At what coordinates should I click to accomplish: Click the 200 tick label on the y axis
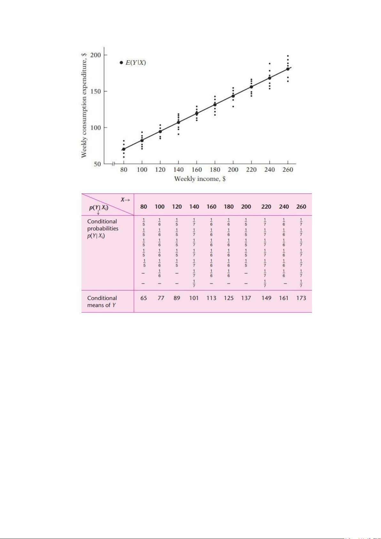click(96, 55)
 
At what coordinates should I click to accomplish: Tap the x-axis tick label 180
click(215, 170)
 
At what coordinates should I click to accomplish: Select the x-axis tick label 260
click(288, 170)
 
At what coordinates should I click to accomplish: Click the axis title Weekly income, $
click(200, 179)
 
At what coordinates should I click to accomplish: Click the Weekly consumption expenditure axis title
click(84, 105)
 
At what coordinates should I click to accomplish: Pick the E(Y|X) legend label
click(136, 63)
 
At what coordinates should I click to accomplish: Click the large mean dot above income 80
click(124, 149)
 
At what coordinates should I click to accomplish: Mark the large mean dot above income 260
click(288, 69)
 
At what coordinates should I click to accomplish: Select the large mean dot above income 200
click(233, 96)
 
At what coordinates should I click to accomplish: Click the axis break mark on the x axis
click(113, 164)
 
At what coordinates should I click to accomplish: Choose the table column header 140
click(194, 207)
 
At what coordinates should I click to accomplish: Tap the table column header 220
click(266, 207)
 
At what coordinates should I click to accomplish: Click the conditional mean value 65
click(144, 298)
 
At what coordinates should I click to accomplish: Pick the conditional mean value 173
click(301, 298)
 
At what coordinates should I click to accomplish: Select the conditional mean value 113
click(211, 298)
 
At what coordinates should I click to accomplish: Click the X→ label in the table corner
click(125, 200)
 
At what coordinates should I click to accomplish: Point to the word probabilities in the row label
click(103, 229)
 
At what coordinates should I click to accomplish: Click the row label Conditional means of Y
click(102, 302)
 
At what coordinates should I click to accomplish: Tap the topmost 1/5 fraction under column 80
click(144, 222)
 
